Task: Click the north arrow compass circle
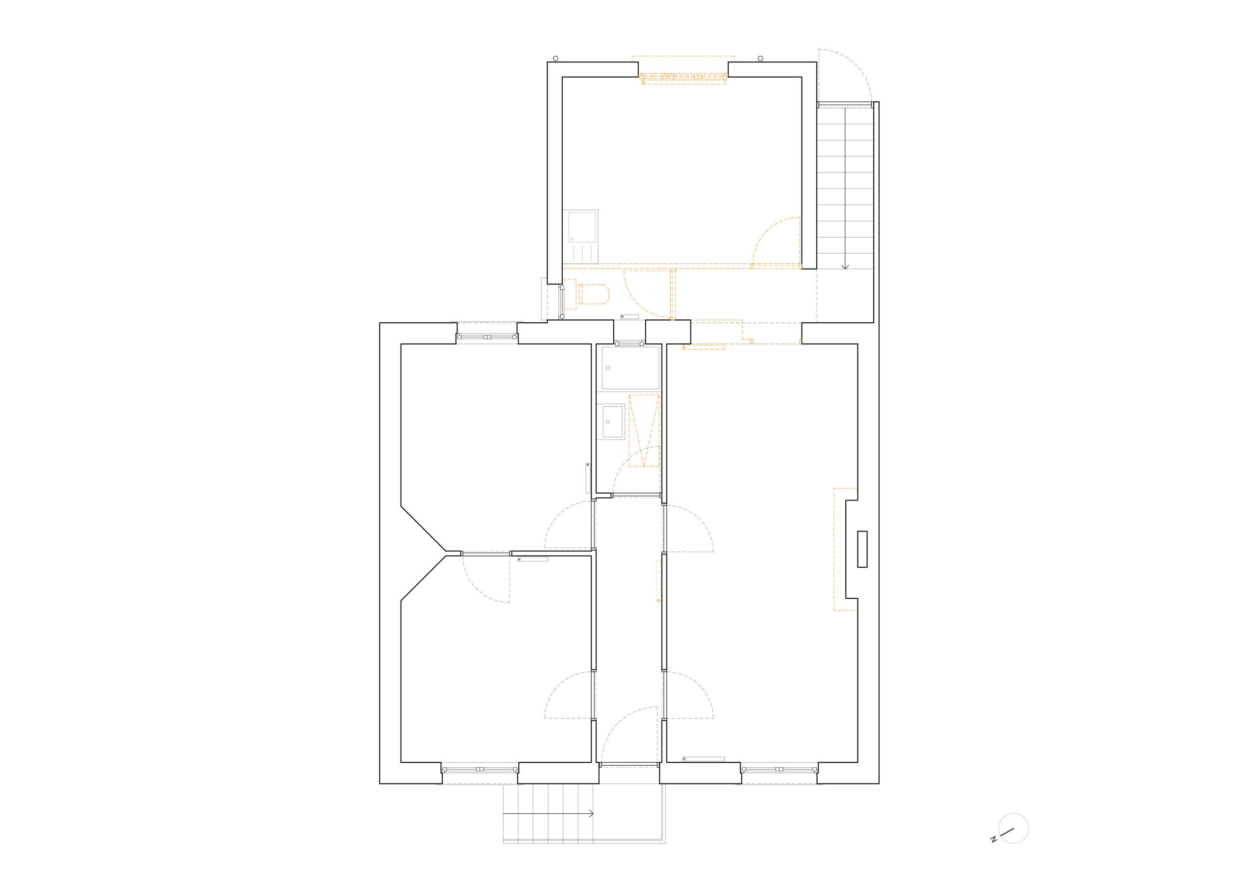tap(1014, 843)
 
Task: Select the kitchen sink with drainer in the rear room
tap(580, 237)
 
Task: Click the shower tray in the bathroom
tap(630, 367)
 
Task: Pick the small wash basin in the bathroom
tap(611, 421)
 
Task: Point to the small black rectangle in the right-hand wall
tap(862, 549)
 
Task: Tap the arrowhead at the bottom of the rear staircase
tap(845, 267)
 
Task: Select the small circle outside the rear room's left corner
tap(556, 58)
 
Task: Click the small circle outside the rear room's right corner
tap(760, 58)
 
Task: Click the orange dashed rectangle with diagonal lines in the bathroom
tap(644, 431)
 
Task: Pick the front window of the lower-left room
tap(480, 769)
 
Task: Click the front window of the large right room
tap(779, 769)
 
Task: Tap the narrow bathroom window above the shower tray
tap(629, 343)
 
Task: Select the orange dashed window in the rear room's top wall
tap(683, 77)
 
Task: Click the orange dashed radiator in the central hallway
tap(658, 581)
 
